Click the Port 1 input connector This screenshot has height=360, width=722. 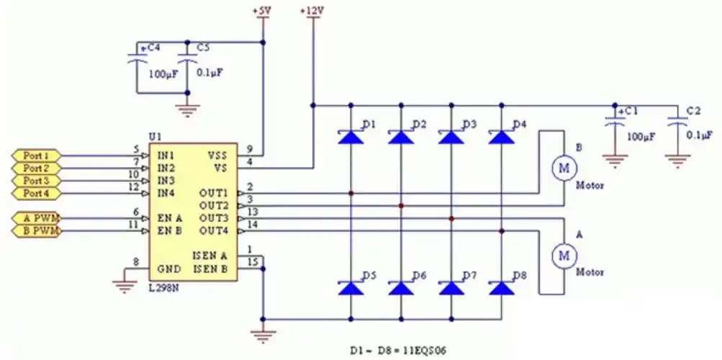[x=37, y=156]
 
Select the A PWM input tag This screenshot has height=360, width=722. [x=37, y=218]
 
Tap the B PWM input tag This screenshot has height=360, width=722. [x=37, y=230]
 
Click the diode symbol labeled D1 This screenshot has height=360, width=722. [x=351, y=136]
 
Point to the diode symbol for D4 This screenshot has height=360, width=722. [x=501, y=136]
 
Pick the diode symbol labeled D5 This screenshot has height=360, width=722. [x=351, y=288]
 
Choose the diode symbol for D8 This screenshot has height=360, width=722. [x=501, y=288]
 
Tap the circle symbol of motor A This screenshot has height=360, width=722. [x=564, y=254]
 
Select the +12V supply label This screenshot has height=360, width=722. [x=312, y=12]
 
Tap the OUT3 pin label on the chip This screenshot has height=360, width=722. [x=213, y=218]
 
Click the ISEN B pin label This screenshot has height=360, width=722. [x=210, y=269]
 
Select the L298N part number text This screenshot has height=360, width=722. [x=165, y=288]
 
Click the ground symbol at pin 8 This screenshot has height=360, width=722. [x=125, y=285]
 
